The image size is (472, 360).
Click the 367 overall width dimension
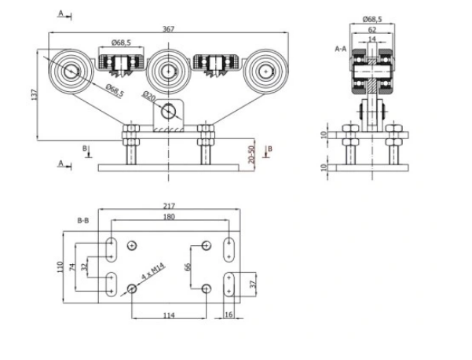tap(169, 28)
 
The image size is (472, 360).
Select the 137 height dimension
tap(34, 94)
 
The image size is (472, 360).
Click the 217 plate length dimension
tap(169, 206)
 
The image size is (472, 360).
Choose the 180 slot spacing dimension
tap(169, 217)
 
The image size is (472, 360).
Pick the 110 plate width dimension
tap(60, 267)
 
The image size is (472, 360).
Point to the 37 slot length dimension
tap(252, 284)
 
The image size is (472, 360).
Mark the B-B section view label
tap(82, 222)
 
